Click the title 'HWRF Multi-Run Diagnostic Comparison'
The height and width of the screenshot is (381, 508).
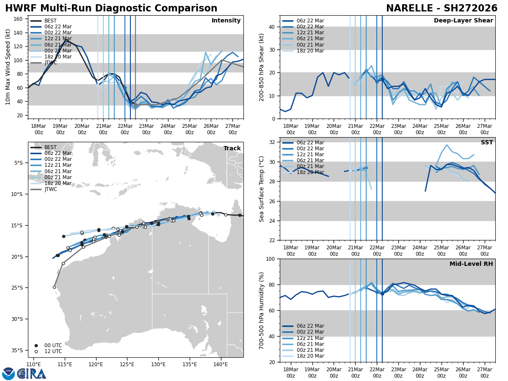(x=111, y=8)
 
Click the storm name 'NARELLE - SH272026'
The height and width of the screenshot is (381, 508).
(x=442, y=8)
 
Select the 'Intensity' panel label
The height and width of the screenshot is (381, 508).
(x=226, y=21)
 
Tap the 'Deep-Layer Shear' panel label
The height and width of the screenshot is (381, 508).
(x=463, y=21)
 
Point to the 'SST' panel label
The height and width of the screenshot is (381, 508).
(x=487, y=143)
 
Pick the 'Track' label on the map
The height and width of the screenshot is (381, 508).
(x=232, y=149)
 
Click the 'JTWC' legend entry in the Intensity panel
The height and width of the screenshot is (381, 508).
(x=50, y=63)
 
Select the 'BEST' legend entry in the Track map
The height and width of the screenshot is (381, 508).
(x=50, y=147)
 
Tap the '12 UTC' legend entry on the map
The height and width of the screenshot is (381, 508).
(x=53, y=351)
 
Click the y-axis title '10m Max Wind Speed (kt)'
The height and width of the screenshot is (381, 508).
(x=8, y=67)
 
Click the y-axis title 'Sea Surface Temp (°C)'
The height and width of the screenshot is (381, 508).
(x=262, y=189)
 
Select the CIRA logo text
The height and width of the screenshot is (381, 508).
(x=32, y=373)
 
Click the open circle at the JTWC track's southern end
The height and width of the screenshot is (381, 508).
(x=54, y=287)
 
